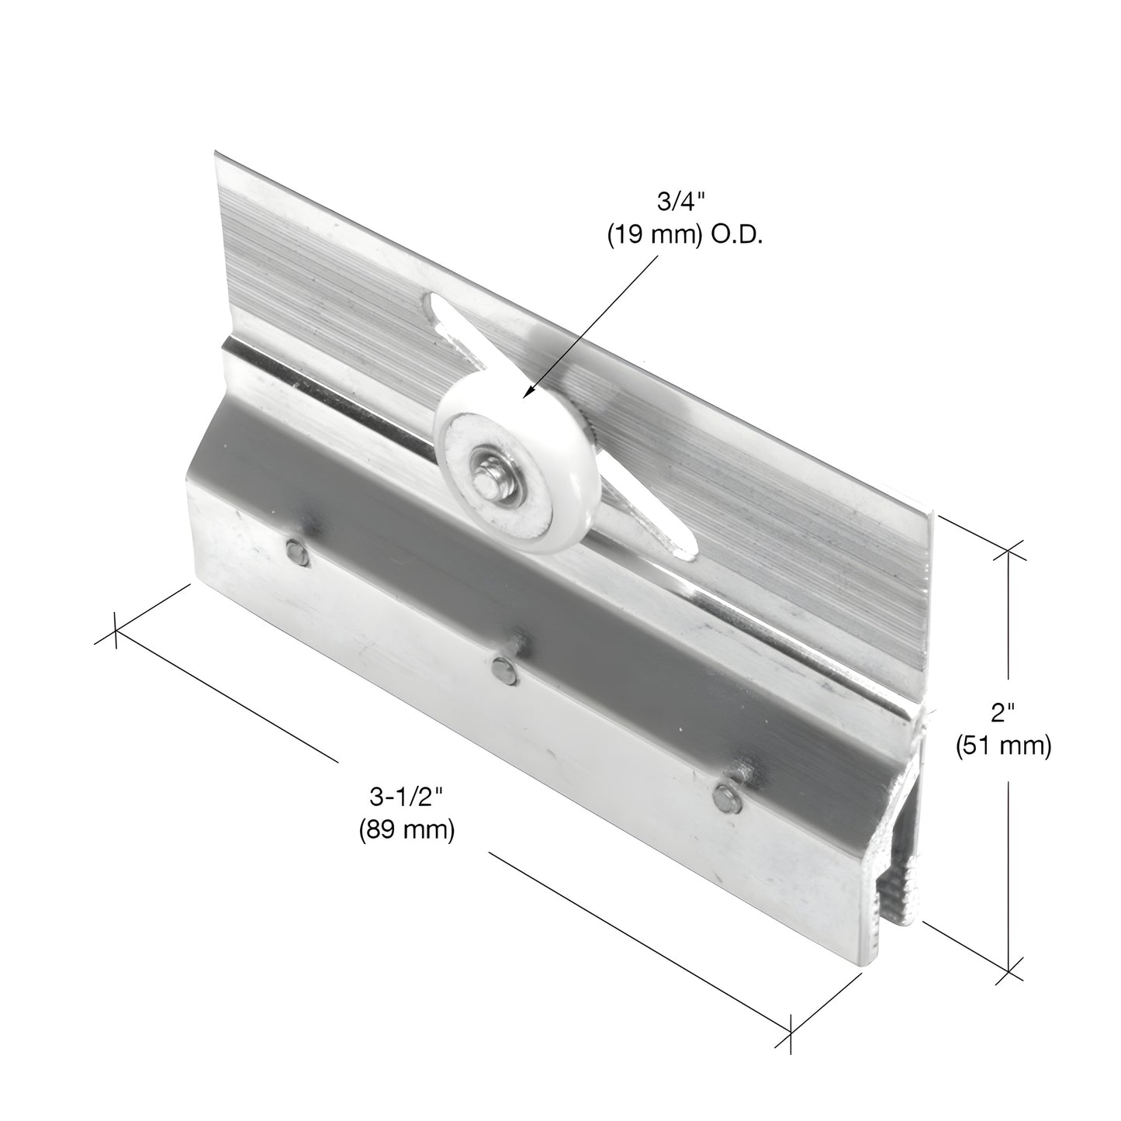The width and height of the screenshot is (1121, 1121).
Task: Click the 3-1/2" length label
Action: click(x=406, y=797)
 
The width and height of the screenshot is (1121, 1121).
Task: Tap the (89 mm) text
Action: click(x=406, y=830)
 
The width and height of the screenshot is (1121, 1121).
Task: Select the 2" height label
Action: click(x=1002, y=711)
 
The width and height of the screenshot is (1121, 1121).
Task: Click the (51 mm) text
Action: click(x=1002, y=746)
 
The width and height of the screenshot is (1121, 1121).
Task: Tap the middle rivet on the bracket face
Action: click(x=502, y=669)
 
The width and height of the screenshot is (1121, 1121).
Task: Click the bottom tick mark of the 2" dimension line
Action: click(x=1008, y=970)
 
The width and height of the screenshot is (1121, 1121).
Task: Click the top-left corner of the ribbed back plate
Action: click(x=215, y=154)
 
